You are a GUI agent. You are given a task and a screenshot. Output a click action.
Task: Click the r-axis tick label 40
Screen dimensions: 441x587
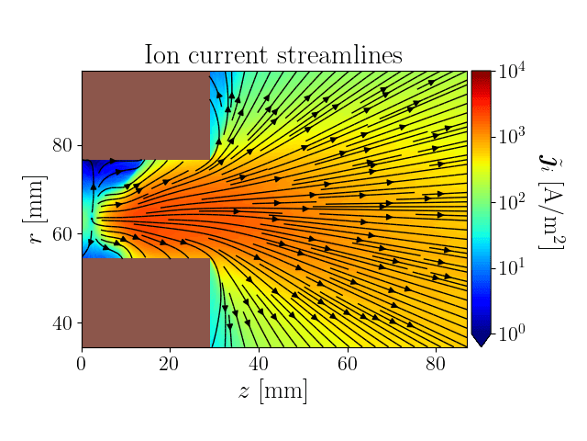click(62, 323)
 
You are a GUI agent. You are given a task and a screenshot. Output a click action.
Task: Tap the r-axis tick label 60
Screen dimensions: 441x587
click(62, 234)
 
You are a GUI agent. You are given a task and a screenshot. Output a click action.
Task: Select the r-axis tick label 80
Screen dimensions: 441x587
click(62, 145)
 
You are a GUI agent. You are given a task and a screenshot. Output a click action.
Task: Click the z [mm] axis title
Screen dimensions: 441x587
click(273, 391)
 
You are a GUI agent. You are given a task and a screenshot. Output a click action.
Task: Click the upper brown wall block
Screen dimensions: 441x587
click(145, 115)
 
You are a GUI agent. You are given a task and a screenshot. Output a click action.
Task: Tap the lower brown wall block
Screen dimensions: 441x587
click(145, 302)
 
